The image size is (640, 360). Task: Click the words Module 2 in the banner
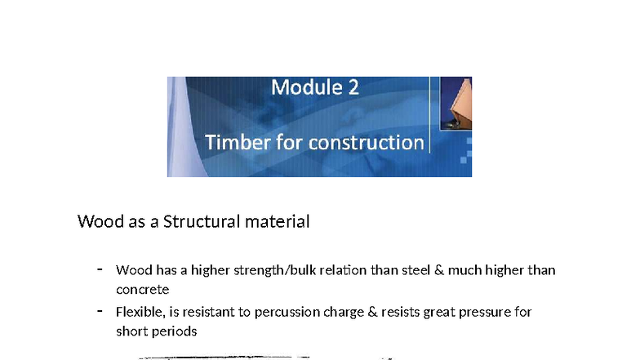click(x=314, y=87)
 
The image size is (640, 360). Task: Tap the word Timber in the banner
click(x=234, y=142)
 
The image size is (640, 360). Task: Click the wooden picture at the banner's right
click(x=456, y=102)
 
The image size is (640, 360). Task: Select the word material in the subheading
click(x=278, y=221)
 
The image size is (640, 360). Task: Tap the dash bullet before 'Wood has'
click(x=100, y=269)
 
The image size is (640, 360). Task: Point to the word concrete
click(x=142, y=289)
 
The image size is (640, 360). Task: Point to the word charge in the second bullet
click(x=337, y=313)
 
